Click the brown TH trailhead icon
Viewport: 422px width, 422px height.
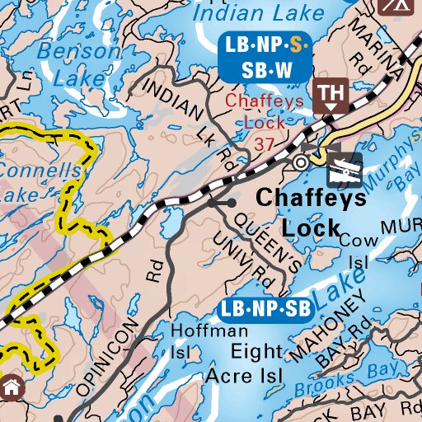331,95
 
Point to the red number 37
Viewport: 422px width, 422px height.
265,143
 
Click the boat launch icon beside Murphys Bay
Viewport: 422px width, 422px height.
344,169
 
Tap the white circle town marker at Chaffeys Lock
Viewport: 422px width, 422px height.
302,163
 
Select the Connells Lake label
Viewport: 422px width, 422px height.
41,182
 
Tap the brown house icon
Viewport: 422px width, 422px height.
12,387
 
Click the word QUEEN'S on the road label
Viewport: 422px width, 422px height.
268,238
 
